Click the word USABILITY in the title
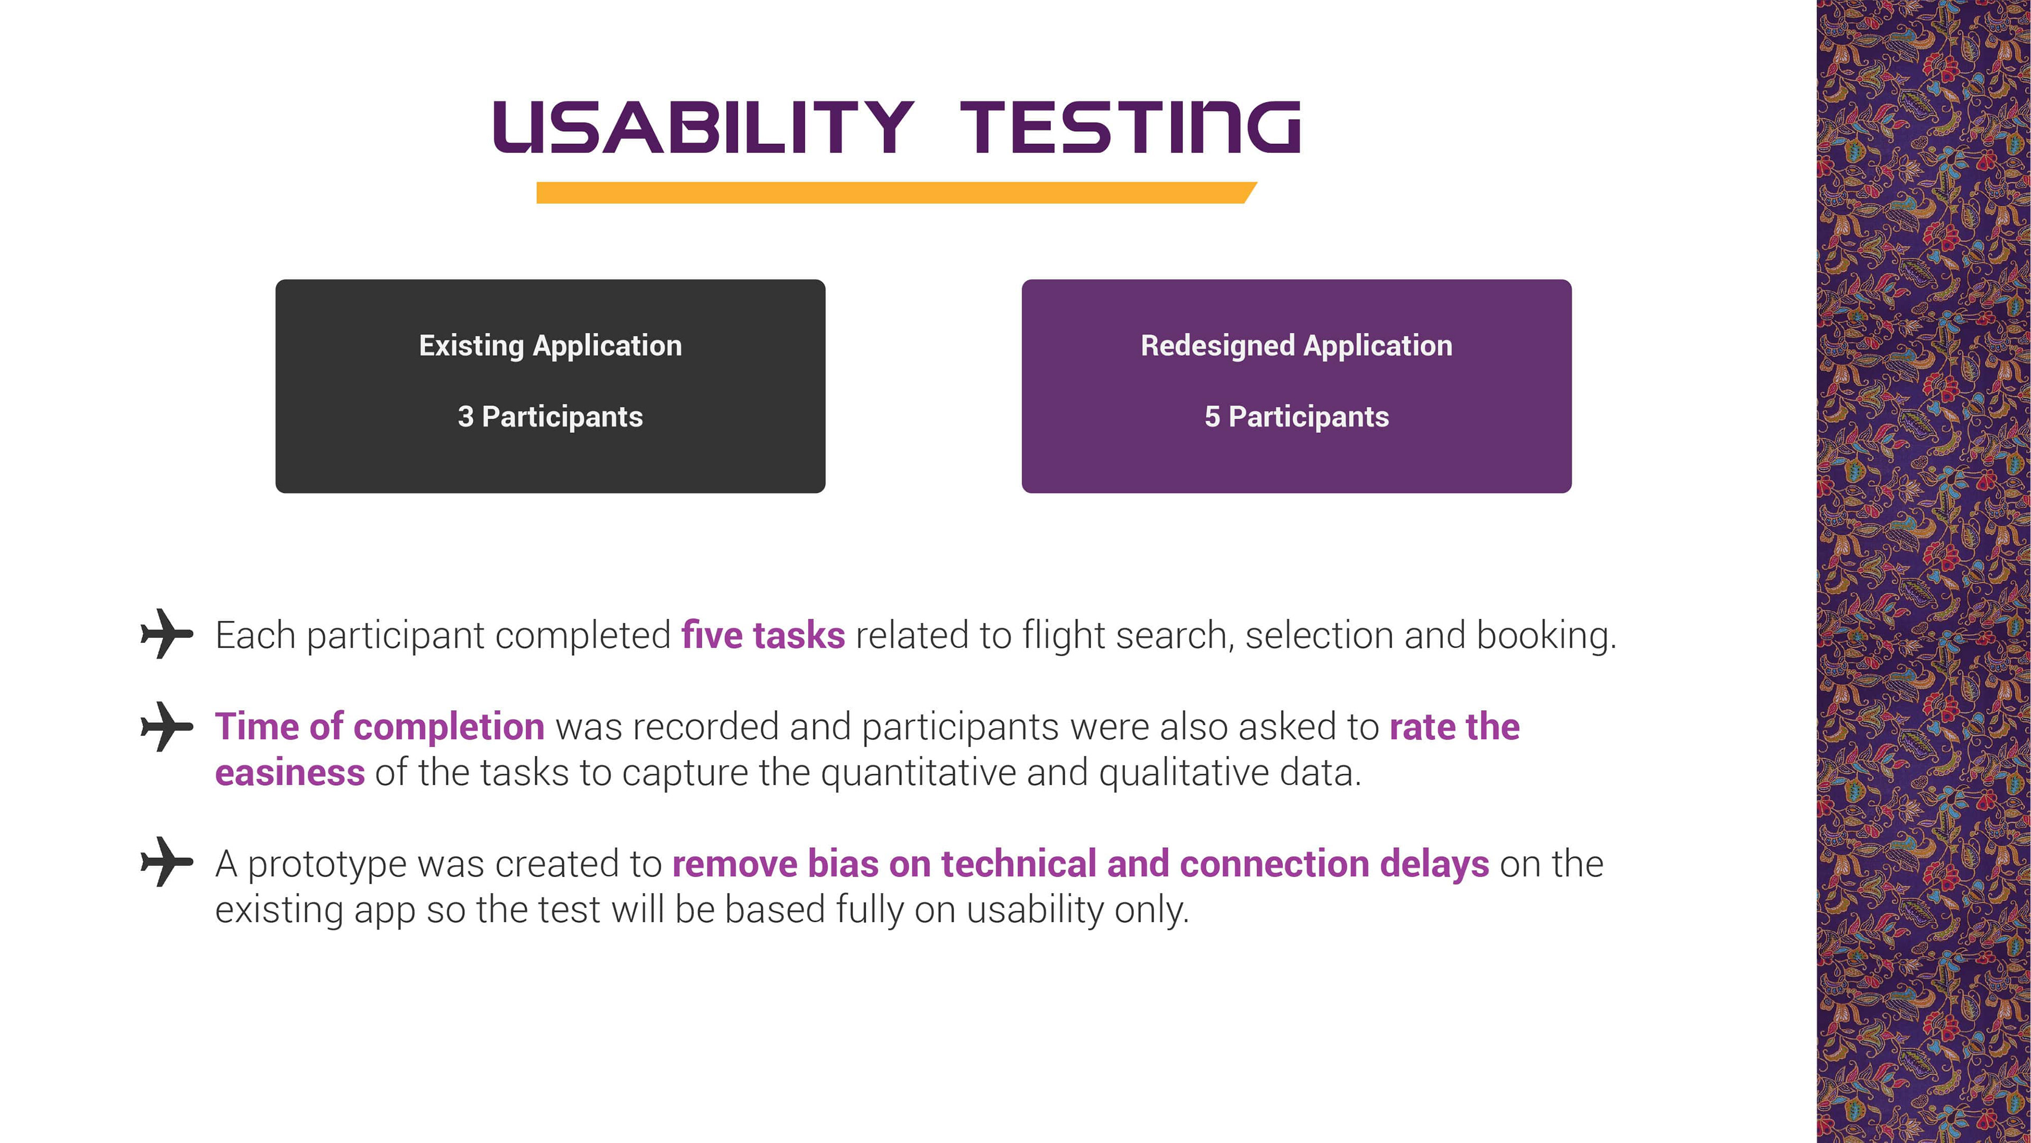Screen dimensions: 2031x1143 (x=703, y=127)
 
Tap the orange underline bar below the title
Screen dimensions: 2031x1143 (x=896, y=193)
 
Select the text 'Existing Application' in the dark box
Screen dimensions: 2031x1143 (x=550, y=346)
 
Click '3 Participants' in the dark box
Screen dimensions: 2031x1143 (x=550, y=416)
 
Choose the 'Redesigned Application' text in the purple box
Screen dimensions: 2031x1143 (x=1296, y=346)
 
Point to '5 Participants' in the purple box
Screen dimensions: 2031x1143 (x=1296, y=416)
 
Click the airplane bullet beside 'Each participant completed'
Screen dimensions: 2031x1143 (x=167, y=633)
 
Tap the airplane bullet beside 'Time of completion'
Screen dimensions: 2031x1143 (x=167, y=727)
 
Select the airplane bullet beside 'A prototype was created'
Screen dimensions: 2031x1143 (x=167, y=861)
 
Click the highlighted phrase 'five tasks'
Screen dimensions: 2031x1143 (x=763, y=635)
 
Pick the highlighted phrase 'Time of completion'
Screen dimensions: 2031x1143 (x=380, y=727)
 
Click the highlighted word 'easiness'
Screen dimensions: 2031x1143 (x=290, y=772)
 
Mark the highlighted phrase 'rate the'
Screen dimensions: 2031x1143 (x=1454, y=727)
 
